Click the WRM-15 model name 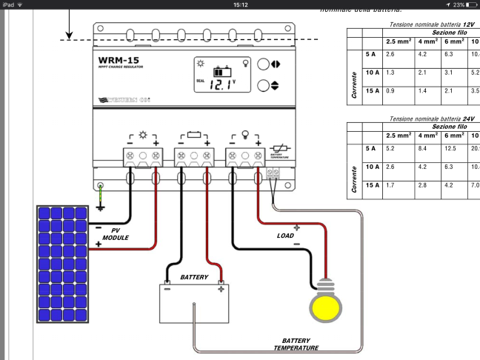[x=121, y=59]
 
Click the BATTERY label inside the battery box [x=195, y=276]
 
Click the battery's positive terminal [x=220, y=290]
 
